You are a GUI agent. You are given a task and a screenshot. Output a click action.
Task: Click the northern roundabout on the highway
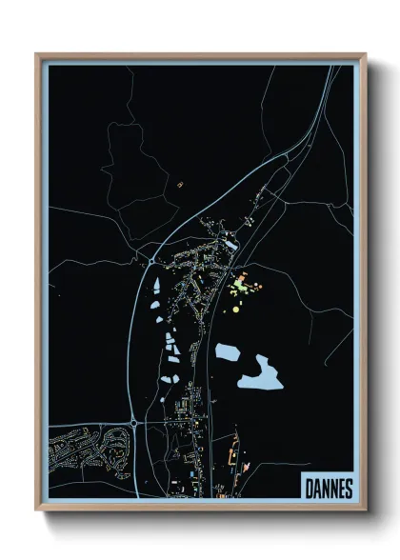pos(152,257)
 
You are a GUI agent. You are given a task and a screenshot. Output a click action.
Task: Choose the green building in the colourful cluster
pos(239,284)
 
